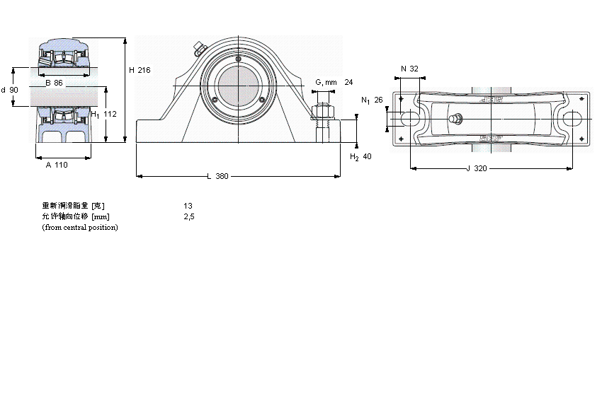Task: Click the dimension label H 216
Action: pyautogui.click(x=140, y=70)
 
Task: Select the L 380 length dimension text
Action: pyautogui.click(x=217, y=176)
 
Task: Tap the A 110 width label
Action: pyautogui.click(x=56, y=165)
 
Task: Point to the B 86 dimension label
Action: pyautogui.click(x=54, y=83)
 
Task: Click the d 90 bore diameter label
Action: pyautogui.click(x=10, y=90)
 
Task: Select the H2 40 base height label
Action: pyautogui.click(x=360, y=157)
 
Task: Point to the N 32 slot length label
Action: pyautogui.click(x=409, y=69)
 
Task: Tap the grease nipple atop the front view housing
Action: pyautogui.click(x=198, y=49)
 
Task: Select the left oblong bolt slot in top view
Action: pyautogui.click(x=410, y=120)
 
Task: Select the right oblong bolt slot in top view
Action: pyautogui.click(x=572, y=120)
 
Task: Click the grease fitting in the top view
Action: pyautogui.click(x=455, y=120)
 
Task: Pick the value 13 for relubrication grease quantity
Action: pyautogui.click(x=188, y=206)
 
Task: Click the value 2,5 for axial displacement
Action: pyautogui.click(x=188, y=216)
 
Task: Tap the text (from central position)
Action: pyautogui.click(x=80, y=227)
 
